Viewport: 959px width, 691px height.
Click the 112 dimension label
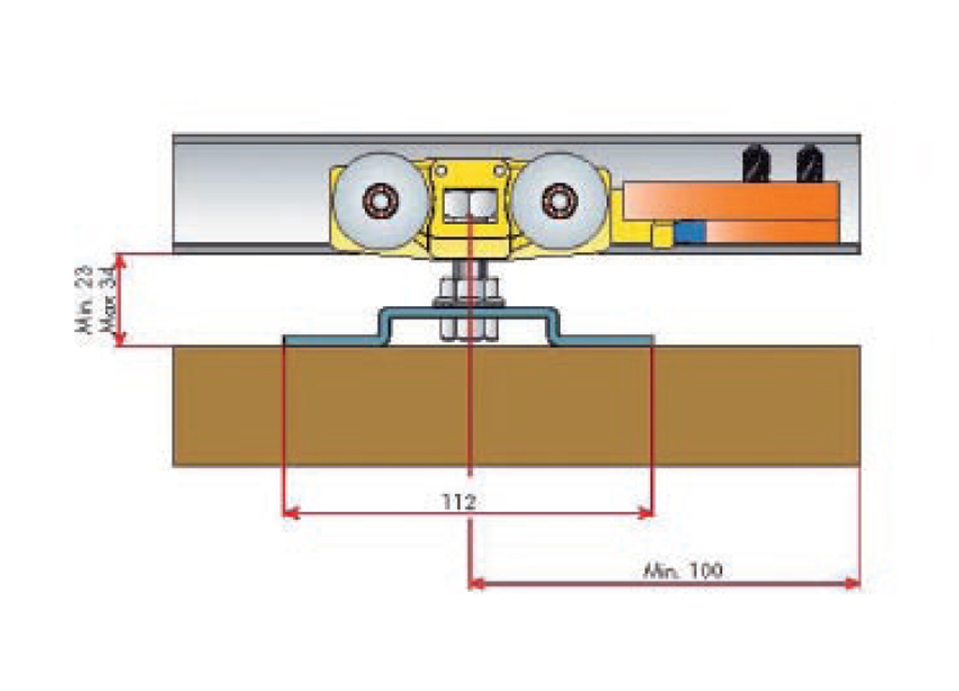point(461,503)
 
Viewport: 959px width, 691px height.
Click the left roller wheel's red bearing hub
point(379,201)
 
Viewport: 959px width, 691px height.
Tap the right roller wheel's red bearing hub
point(559,201)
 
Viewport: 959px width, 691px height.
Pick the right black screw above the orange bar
point(808,164)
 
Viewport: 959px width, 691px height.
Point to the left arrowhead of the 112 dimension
point(289,512)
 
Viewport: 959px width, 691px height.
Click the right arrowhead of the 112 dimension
point(645,512)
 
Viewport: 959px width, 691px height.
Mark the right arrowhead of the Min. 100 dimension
point(852,583)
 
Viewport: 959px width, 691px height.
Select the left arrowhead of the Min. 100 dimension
point(476,583)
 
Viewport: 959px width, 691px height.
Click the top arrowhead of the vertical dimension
point(120,259)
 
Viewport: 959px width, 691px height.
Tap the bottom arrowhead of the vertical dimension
point(120,340)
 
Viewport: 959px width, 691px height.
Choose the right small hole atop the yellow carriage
point(502,169)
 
